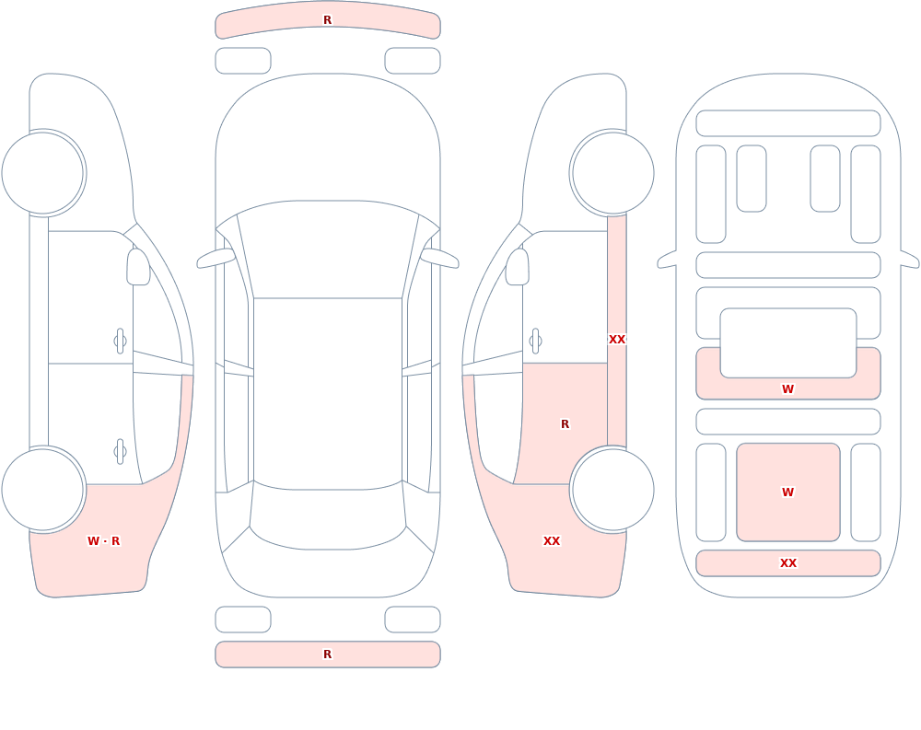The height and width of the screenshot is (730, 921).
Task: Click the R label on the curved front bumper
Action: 328,20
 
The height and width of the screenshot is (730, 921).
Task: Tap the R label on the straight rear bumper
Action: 328,655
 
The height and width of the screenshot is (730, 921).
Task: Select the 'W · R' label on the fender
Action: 103,541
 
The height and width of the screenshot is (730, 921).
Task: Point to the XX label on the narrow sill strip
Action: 617,340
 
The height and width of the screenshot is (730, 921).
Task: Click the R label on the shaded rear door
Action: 565,424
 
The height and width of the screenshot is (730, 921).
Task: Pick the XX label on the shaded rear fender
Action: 552,541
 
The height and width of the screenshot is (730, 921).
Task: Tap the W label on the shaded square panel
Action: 788,492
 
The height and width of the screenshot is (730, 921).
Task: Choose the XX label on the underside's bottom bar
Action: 788,563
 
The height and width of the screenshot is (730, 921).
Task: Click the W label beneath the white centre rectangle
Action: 788,388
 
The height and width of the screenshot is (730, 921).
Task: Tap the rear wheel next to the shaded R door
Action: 612,490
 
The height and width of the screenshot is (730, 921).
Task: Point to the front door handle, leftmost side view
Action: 121,342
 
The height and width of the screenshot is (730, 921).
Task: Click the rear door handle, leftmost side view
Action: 121,452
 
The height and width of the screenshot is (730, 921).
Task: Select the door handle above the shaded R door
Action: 535,342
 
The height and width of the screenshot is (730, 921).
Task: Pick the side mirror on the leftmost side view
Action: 139,267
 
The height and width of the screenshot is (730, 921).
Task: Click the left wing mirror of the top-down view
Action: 216,258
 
